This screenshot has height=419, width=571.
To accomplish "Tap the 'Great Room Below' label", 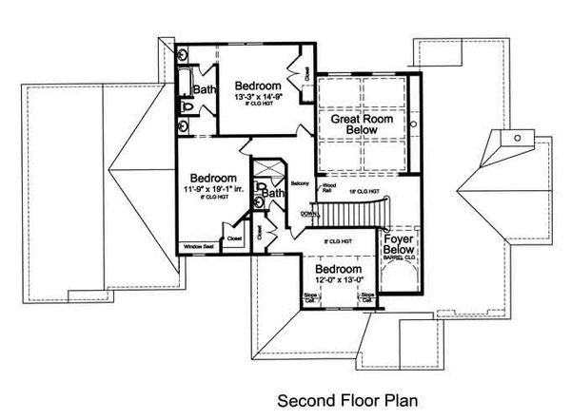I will (x=364, y=128).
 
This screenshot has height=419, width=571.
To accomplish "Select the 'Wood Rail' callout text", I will (x=328, y=187).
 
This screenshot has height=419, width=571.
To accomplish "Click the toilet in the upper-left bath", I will (x=187, y=108).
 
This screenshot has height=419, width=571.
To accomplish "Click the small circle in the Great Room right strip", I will (x=417, y=124).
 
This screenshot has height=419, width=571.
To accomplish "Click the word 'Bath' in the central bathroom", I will (x=275, y=194).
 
